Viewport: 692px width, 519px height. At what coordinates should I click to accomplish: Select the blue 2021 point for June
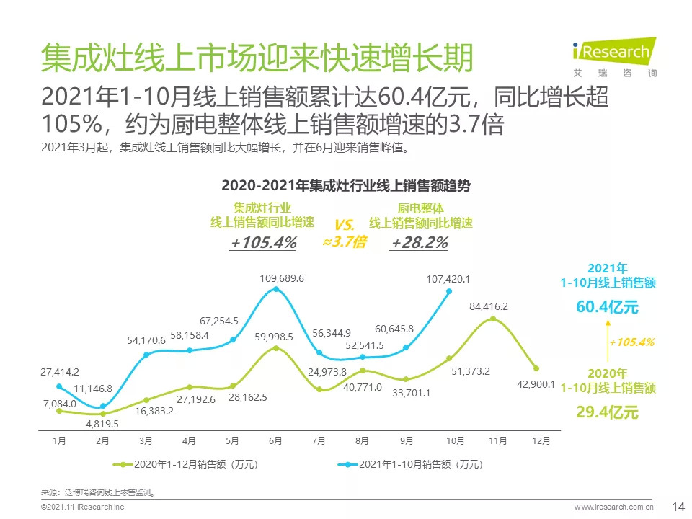coord(276,290)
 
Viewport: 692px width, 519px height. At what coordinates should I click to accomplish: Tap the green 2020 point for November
coord(493,319)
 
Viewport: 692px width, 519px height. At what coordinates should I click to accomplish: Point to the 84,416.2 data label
coord(488,306)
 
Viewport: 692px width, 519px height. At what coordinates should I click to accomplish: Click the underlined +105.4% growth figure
coord(263,243)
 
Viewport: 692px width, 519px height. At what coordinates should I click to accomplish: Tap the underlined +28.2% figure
coord(419,243)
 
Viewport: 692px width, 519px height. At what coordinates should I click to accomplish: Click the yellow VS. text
coord(345,224)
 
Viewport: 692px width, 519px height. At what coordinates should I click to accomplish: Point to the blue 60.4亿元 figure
coord(607,307)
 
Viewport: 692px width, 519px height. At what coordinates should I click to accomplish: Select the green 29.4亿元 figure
coord(607,412)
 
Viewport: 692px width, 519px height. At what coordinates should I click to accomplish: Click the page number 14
coord(678,506)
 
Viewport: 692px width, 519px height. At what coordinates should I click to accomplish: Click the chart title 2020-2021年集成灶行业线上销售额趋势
coord(346,186)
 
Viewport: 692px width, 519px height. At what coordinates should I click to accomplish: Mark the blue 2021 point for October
coord(449,292)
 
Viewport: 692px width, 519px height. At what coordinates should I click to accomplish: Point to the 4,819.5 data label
coord(102,424)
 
